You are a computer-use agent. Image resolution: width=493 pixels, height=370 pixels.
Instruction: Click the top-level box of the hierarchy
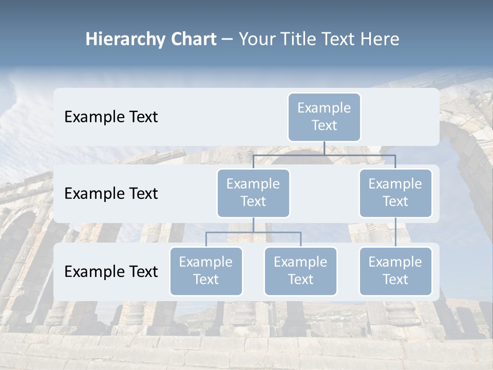[x=324, y=117]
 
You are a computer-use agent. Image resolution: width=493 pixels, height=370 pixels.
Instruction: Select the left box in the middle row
[x=253, y=193]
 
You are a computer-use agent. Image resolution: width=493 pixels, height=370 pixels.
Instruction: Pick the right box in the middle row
[x=395, y=193]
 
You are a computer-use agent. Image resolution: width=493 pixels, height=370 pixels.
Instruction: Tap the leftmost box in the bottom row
[x=206, y=271]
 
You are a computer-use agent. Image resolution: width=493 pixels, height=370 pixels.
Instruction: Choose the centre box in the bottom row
[x=300, y=271]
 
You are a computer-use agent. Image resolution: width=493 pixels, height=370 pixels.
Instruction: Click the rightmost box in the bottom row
[x=395, y=271]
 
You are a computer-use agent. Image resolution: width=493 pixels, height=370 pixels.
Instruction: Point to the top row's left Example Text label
[x=111, y=117]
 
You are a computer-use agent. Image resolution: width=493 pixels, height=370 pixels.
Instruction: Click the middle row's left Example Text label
[x=111, y=194]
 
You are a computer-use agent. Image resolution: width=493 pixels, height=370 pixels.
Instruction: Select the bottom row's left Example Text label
[x=111, y=272]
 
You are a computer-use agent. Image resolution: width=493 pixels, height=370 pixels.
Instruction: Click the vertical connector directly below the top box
[x=324, y=148]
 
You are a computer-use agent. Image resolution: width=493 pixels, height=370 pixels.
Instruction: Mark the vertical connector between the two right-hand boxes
[x=395, y=232]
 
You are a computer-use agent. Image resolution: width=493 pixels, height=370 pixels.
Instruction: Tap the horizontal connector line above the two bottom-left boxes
[x=253, y=232]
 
